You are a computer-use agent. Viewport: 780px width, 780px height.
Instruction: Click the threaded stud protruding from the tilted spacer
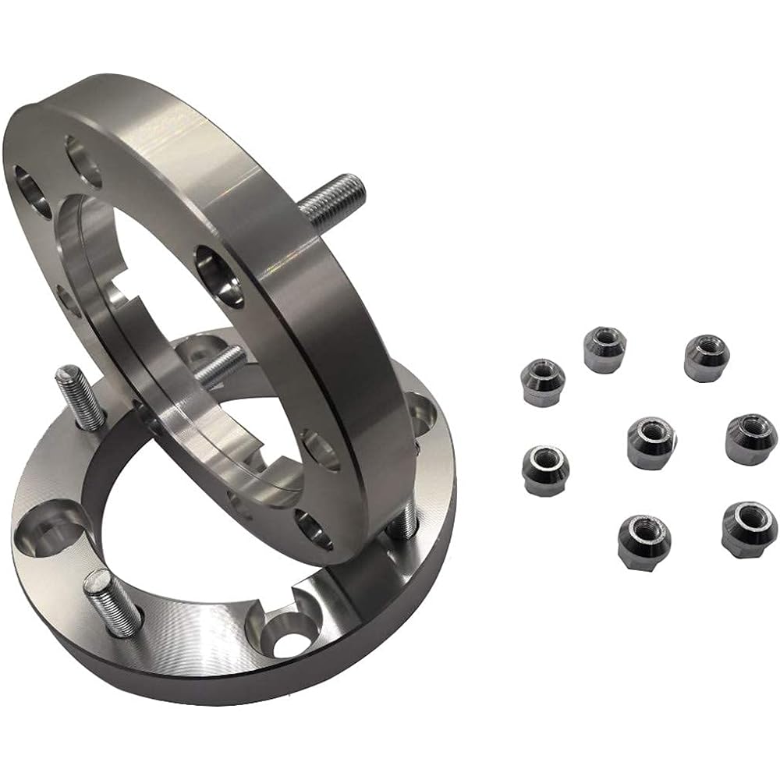[331, 195]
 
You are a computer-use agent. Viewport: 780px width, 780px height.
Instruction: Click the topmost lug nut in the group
[604, 349]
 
